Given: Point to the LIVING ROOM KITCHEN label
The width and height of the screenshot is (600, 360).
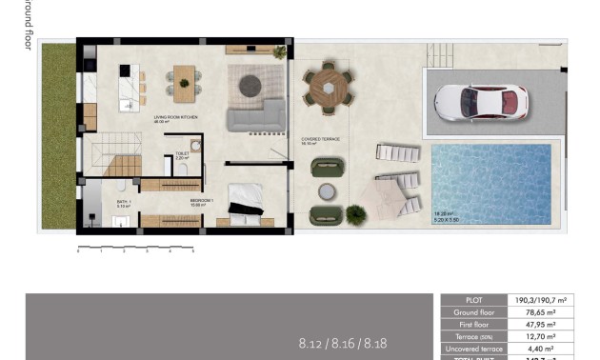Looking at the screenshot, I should click(175, 118).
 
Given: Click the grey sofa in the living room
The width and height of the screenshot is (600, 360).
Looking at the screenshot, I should click(256, 117).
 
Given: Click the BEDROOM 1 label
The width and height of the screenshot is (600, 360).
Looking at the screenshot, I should click(201, 201).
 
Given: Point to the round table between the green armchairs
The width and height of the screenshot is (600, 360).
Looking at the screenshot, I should click(328, 191).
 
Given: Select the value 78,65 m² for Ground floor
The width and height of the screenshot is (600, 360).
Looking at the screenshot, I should click(550, 311).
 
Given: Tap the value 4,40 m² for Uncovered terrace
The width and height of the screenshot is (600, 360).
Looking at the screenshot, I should click(550, 349).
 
